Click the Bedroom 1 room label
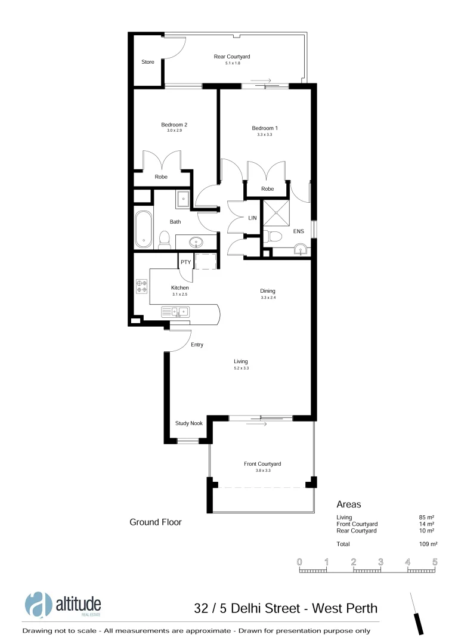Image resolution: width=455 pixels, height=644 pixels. pos(265,128)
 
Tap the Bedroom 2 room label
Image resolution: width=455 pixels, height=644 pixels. pos(174,125)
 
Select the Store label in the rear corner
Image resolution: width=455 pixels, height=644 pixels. pos(147,62)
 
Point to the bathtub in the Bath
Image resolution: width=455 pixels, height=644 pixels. pos(144,229)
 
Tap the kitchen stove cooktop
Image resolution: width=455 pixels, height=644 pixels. pos(142,286)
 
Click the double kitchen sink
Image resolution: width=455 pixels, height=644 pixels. pos(175,311)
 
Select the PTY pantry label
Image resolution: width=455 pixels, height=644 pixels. pos(185,261)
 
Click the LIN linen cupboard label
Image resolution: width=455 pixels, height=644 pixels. pos(252,218)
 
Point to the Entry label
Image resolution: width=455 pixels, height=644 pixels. pos(197,345)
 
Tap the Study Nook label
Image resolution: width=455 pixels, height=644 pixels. pos(188,423)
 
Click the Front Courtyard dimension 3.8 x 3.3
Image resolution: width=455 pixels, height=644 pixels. pos(262,470)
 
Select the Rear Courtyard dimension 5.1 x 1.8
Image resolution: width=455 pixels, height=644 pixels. pos(231,63)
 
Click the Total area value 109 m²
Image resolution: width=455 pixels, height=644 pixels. pos(428,544)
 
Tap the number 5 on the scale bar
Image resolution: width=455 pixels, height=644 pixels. pos(435,562)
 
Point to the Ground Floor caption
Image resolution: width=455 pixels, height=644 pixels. pos(156,522)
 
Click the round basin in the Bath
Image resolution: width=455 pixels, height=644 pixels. pos(196,242)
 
